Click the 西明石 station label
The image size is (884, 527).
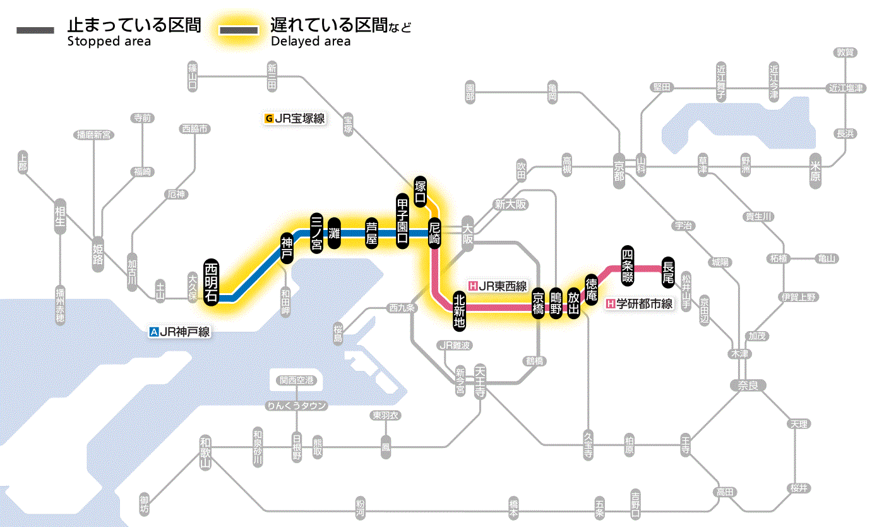coord(212,282)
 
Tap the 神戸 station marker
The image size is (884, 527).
coord(287,249)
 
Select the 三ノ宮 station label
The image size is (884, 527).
coord(317,233)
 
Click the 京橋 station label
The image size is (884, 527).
coord(538,304)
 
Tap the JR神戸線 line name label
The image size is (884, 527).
coord(180,331)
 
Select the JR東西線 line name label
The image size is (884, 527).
coord(498,286)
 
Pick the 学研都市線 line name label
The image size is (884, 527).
coord(640,304)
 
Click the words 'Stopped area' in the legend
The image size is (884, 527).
coord(109,42)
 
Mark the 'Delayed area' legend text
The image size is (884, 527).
coord(311,42)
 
